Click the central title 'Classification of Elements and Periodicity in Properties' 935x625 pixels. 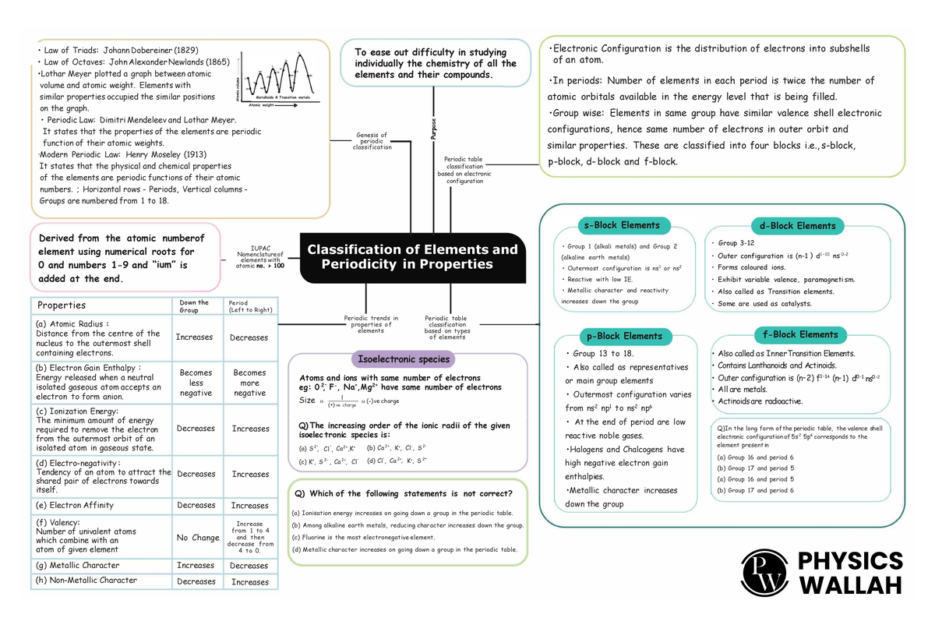click(x=412, y=257)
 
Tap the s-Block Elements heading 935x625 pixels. click(x=622, y=226)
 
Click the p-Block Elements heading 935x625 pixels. click(x=621, y=337)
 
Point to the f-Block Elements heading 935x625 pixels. click(x=801, y=334)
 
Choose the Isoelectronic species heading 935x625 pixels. click(x=403, y=359)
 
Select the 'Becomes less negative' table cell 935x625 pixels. click(x=196, y=383)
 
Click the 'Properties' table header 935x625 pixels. click(x=62, y=305)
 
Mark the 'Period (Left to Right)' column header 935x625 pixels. click(x=249, y=306)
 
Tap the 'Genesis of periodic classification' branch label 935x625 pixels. click(x=372, y=141)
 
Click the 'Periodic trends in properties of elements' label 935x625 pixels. click(x=371, y=324)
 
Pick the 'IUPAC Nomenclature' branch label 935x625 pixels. click(x=260, y=257)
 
